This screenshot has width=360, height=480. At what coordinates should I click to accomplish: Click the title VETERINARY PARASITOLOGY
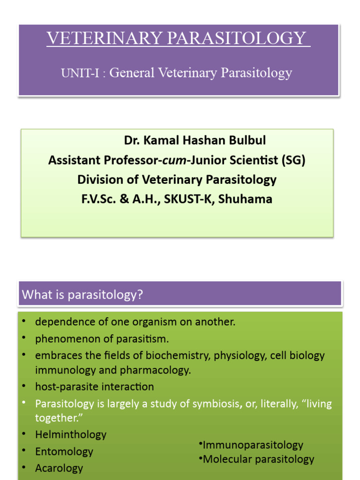coord(178,38)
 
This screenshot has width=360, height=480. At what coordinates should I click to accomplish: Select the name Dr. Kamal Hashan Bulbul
coord(195,140)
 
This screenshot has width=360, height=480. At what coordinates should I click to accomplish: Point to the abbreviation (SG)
coord(293,160)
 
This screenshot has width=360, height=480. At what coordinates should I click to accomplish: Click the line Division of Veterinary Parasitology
coord(177,180)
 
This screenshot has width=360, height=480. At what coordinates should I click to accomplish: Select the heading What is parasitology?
coord(82,295)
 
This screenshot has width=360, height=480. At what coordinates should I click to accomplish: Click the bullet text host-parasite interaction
coord(94,387)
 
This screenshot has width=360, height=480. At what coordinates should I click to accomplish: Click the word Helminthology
coord(71,435)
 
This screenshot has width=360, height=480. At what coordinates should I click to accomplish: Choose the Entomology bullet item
coord(64,451)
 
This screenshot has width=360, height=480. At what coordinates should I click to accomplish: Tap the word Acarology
coord(59,468)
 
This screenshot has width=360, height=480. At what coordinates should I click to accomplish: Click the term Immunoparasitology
coord(252,445)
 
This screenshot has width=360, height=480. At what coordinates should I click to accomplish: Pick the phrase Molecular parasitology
coord(258,459)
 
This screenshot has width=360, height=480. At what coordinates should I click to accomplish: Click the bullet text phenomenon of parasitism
coord(102,338)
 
